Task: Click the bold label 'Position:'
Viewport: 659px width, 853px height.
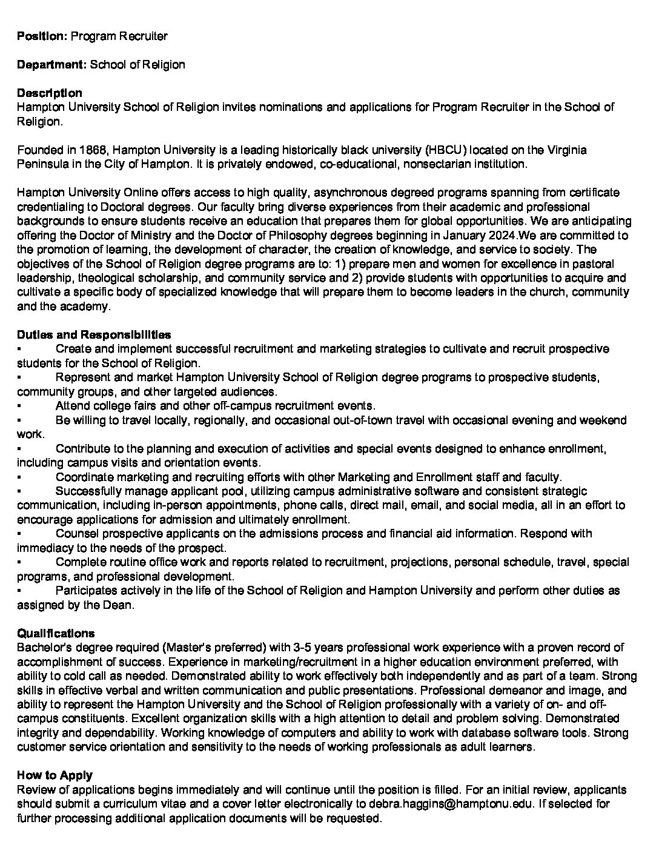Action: coord(42,36)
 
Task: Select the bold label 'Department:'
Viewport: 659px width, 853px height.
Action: coord(51,64)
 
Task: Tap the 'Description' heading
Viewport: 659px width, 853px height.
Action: coord(49,93)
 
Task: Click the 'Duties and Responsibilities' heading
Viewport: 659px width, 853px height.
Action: coord(94,334)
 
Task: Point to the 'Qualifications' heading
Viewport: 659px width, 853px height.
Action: coord(56,634)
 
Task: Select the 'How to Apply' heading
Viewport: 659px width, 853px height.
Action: coord(55,775)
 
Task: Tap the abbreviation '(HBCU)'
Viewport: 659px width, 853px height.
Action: coord(445,150)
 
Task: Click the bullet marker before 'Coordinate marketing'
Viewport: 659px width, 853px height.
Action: coord(19,477)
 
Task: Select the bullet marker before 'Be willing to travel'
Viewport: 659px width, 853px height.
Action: coord(19,420)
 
